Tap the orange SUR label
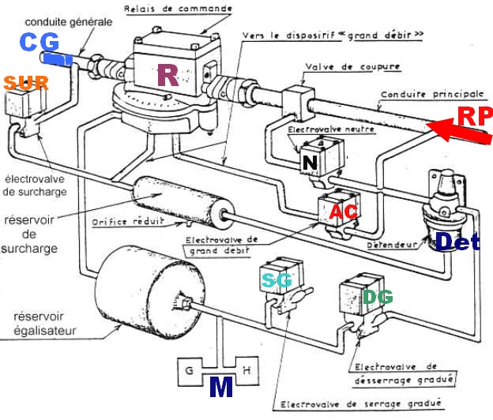(26, 81)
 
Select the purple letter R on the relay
(167, 74)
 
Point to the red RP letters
(474, 117)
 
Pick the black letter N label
(308, 163)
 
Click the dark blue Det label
(457, 242)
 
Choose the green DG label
(375, 297)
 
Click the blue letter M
(220, 388)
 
